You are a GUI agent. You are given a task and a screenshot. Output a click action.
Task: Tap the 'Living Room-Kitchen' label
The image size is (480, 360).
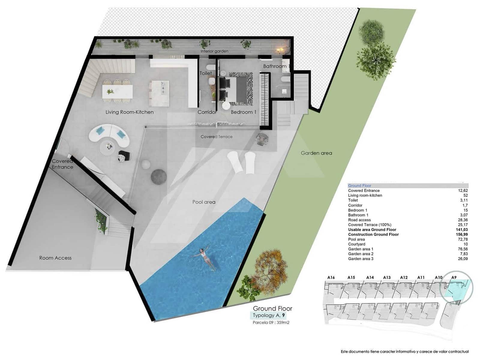coord(130,112)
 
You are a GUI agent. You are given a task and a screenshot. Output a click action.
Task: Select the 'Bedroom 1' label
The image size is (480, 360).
coord(243,112)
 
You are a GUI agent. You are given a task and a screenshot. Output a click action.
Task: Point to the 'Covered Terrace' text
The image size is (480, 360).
coord(216,137)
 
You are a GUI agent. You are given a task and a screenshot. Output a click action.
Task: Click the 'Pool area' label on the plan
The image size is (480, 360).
coord(204,202)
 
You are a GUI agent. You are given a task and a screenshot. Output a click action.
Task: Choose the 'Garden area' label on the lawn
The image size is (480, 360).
coord(316,153)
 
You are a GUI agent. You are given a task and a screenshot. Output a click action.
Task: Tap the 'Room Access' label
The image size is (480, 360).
coord(55,258)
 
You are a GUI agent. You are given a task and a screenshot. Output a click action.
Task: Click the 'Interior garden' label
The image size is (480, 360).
coord(214,51)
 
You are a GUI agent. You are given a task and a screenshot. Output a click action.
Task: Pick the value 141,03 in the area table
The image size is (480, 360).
coord(461,230)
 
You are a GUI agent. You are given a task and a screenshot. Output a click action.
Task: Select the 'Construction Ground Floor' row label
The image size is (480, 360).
coord(373,235)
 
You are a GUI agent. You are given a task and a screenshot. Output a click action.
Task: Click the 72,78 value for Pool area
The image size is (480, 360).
coord(463,239)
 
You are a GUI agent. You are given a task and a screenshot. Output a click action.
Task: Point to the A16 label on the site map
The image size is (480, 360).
coord(331,277)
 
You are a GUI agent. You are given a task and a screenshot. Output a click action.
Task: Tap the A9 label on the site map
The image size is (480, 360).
coord(454,277)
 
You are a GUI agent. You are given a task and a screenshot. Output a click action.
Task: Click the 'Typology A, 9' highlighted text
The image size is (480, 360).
coord(269,315)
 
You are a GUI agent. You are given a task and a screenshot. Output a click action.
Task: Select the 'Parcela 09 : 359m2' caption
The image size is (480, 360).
coord(271,323)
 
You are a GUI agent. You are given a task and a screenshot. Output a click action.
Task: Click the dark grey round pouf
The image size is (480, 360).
coord(158,177)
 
